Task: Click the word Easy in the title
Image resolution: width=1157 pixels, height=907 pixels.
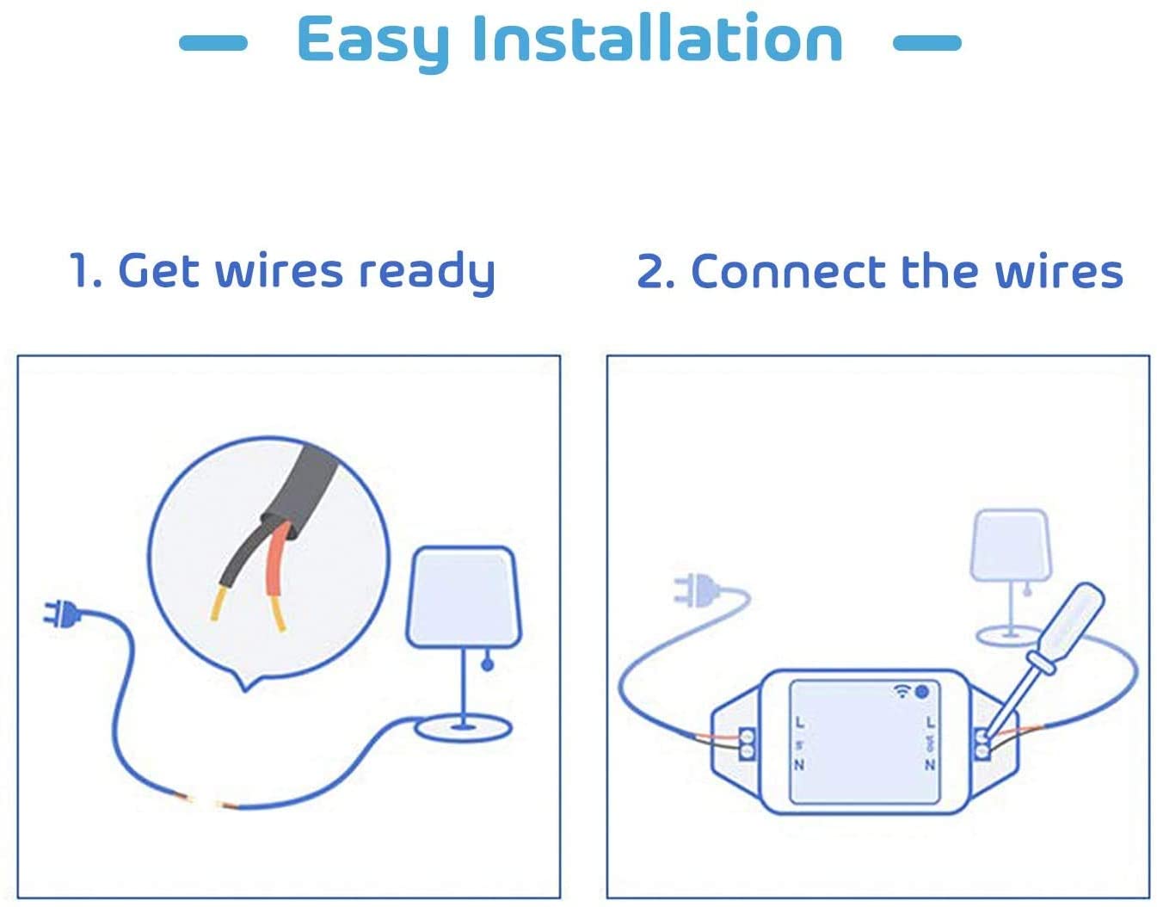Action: (372, 40)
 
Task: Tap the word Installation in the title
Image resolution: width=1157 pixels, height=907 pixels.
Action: (657, 40)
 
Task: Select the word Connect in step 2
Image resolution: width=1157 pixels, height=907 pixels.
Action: (788, 272)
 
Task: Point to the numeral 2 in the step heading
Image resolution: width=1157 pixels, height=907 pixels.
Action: (655, 273)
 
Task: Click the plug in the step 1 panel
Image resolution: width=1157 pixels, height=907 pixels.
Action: (61, 614)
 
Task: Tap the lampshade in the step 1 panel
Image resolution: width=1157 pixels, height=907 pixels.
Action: (463, 596)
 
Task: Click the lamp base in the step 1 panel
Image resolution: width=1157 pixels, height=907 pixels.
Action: (463, 729)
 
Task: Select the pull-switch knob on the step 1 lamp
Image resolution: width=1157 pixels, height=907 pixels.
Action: (487, 664)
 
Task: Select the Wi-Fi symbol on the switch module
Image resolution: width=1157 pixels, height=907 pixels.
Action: (902, 691)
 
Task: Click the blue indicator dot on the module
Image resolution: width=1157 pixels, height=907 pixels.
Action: (922, 691)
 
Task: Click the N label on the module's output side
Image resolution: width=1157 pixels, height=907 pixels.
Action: (930, 764)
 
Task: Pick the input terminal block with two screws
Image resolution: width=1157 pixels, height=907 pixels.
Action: (747, 744)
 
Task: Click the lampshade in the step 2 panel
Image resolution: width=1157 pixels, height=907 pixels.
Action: (1011, 544)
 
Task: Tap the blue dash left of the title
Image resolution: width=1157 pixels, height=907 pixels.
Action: (212, 42)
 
